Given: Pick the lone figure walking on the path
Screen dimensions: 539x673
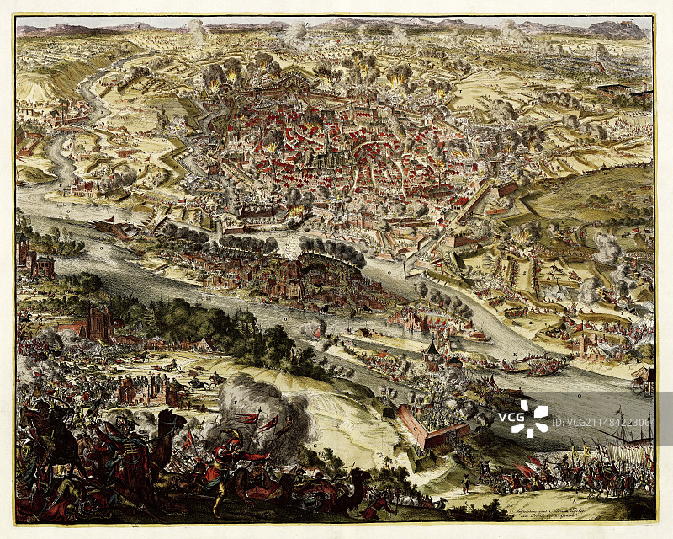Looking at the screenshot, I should tap(465, 483).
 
